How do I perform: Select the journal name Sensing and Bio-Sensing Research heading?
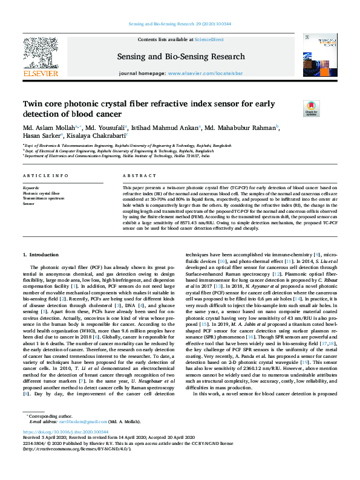pos(180,56)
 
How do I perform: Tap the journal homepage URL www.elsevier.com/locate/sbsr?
pos(205,73)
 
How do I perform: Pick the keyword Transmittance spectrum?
pos(44,198)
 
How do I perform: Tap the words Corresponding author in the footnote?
pos(48,433)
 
